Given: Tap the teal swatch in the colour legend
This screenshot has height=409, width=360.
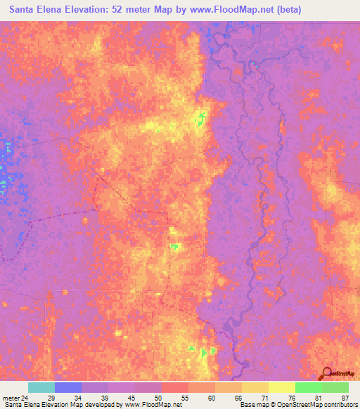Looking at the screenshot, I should [41, 387].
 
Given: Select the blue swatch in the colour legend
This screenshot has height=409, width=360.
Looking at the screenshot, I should [67, 387].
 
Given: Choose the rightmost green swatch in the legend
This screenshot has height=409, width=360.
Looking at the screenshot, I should [335, 387].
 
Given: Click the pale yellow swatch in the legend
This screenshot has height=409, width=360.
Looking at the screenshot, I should [281, 387].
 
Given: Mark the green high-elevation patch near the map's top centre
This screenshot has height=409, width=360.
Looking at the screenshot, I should [202, 117].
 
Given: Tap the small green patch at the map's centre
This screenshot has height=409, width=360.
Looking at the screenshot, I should [175, 246].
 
